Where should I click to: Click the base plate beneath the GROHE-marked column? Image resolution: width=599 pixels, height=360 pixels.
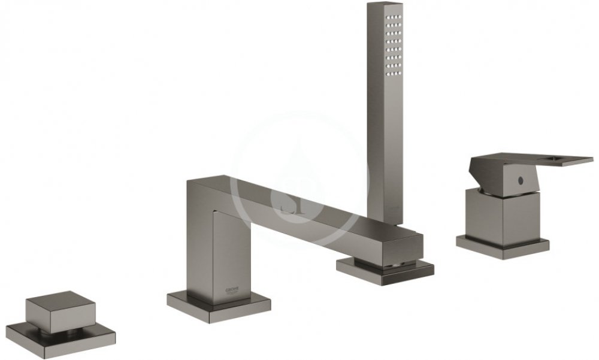pyautogui.click(x=219, y=305)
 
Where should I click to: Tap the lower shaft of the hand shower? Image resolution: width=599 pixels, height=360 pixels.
pyautogui.click(x=385, y=183)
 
